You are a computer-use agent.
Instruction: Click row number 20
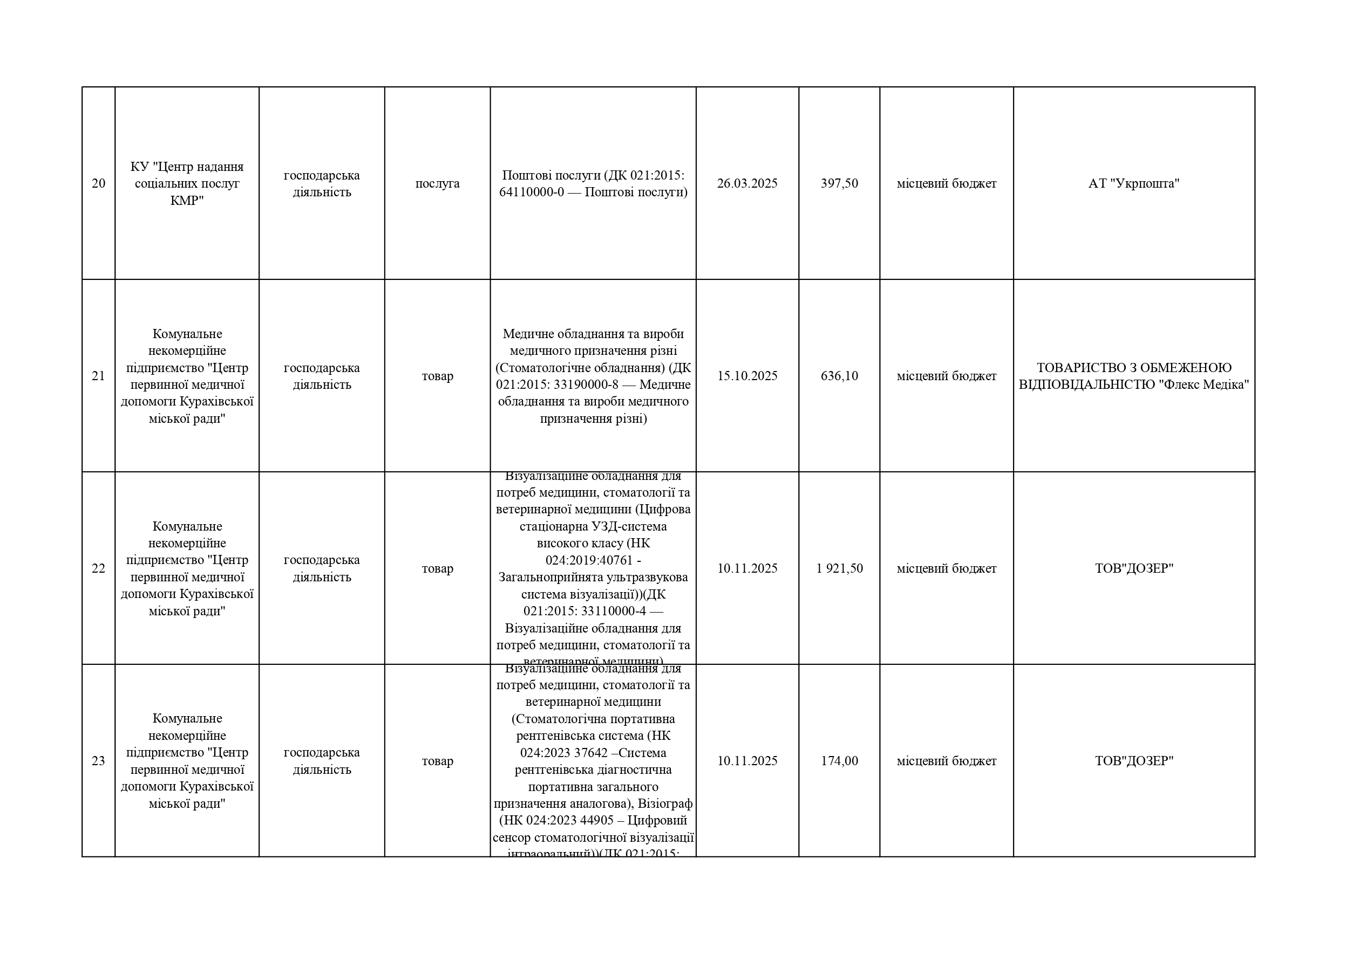click(98, 183)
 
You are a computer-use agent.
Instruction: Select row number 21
click(98, 376)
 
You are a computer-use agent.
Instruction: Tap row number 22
click(98, 568)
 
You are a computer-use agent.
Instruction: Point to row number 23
click(98, 761)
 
